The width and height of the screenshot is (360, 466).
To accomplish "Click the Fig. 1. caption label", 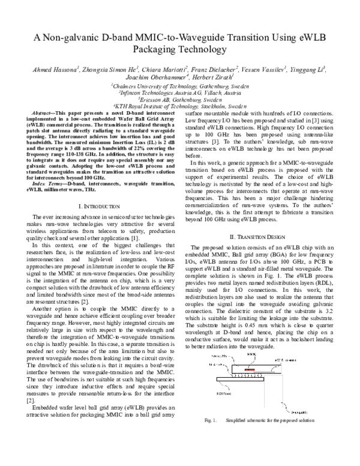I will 210,455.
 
